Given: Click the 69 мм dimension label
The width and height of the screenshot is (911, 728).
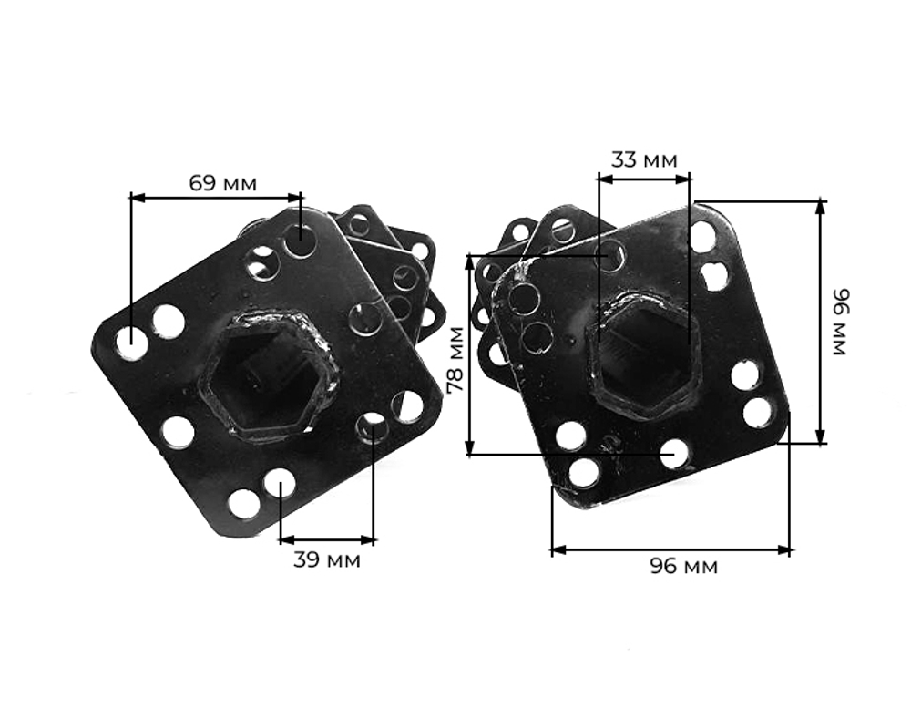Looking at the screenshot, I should pyautogui.click(x=223, y=183).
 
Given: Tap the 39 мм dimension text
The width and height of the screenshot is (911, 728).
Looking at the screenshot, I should pyautogui.click(x=326, y=559).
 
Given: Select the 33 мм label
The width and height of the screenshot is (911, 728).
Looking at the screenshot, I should pyautogui.click(x=644, y=160).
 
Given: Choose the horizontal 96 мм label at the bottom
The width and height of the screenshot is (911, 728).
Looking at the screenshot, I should pyautogui.click(x=683, y=567).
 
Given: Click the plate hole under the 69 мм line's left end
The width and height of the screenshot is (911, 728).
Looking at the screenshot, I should pyautogui.click(x=132, y=343).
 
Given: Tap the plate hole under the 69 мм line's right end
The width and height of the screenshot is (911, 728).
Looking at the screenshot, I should pyautogui.click(x=300, y=241).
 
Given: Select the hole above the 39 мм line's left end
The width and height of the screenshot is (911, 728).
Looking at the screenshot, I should pyautogui.click(x=280, y=482).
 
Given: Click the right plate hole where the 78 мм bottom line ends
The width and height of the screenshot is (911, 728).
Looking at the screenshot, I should pyautogui.click(x=674, y=453).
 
